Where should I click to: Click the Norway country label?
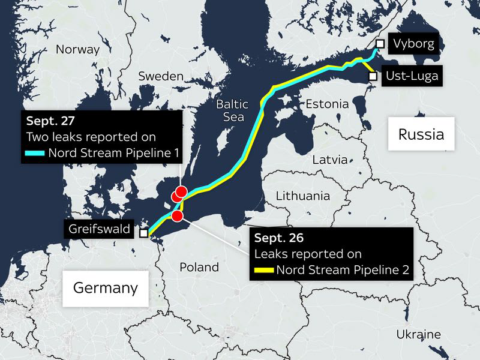point(77,50)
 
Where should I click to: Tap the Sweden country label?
point(160,76)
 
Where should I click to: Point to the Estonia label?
point(327,104)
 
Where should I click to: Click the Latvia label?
point(329,160)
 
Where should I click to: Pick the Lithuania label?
point(302,196)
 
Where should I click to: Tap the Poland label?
point(199,267)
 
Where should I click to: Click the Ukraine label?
point(418,334)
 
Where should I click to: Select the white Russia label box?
point(421,134)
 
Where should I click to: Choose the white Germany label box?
point(105,288)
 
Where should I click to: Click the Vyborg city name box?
point(413,44)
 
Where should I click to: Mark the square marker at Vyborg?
point(380,43)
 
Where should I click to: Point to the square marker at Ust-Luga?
point(373,76)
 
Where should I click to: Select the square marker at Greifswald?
point(143,233)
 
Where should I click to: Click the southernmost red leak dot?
point(177,215)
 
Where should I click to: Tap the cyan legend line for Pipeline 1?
point(36,153)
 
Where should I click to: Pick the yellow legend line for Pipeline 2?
point(264,269)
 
